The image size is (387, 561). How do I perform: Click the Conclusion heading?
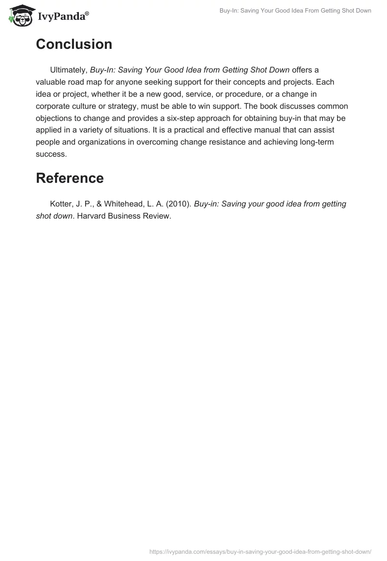pyautogui.click(x=74, y=44)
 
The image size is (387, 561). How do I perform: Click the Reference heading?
pyautogui.click(x=70, y=178)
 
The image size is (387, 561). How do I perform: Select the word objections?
pyautogui.click(x=56, y=118)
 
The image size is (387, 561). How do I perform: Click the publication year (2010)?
pyautogui.click(x=179, y=204)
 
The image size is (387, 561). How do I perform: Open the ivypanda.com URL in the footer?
pyautogui.click(x=260, y=551)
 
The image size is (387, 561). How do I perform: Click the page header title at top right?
pyautogui.click(x=295, y=11)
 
